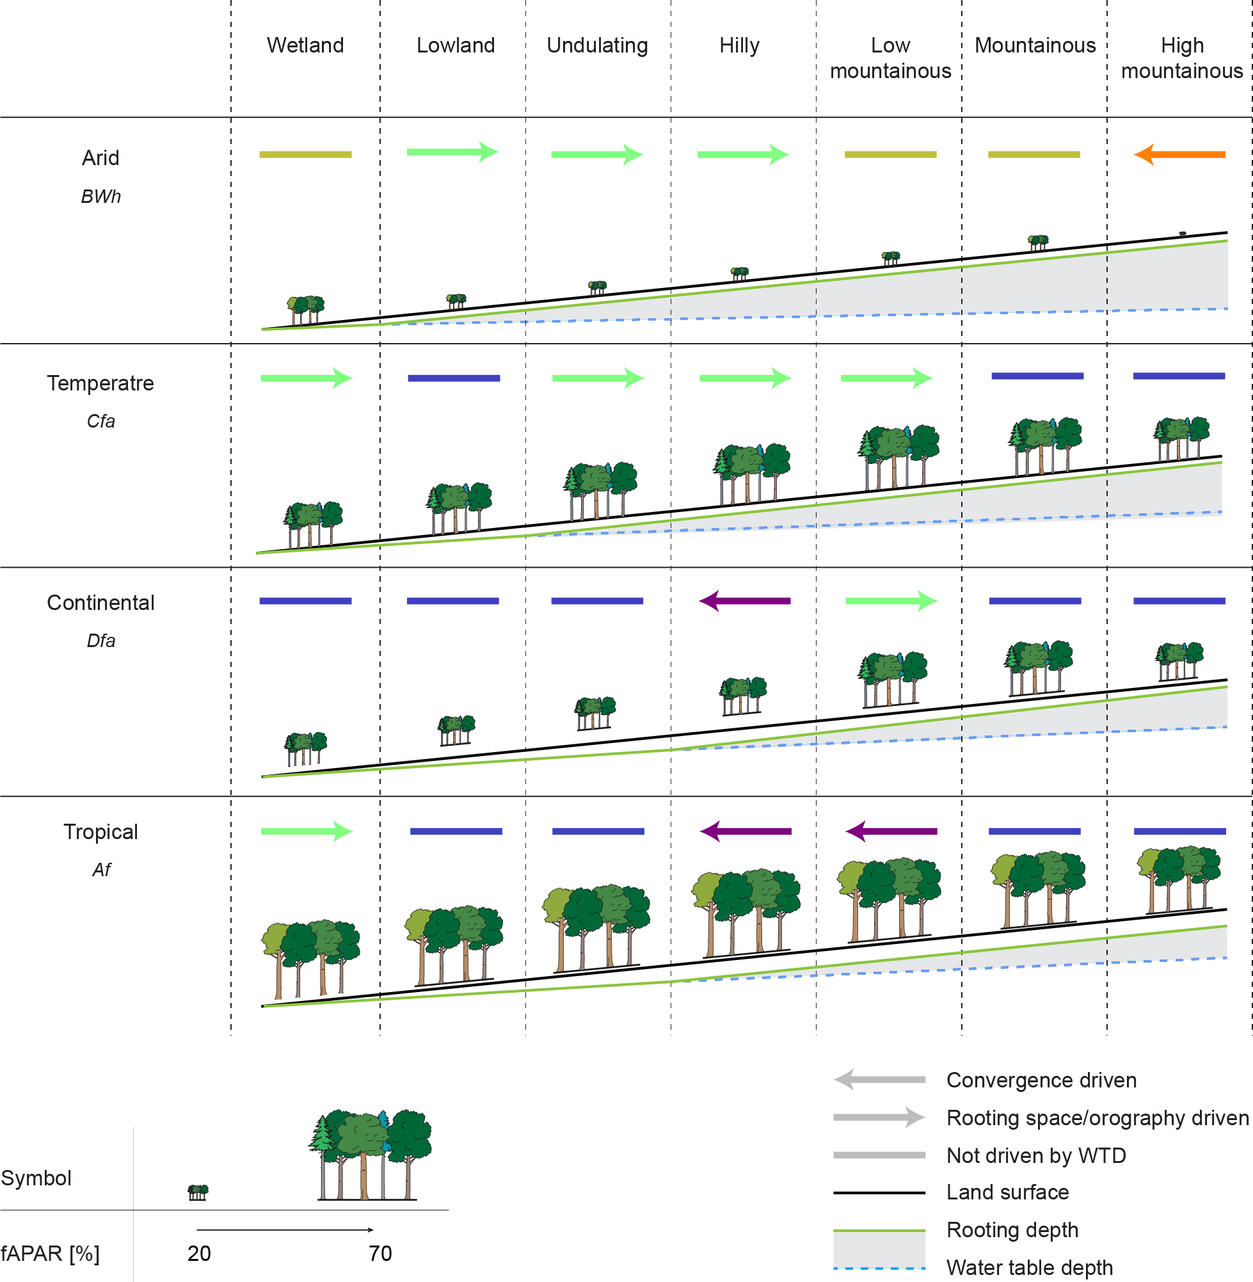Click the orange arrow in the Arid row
(1179, 155)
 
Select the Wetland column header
(305, 45)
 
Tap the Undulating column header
(597, 45)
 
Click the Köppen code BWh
(100, 196)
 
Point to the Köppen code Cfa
(100, 421)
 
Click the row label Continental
(100, 602)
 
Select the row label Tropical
(100, 832)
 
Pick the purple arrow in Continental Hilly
(744, 601)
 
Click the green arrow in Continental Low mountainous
(891, 601)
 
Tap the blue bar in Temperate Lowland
(454, 378)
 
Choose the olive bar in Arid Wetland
(305, 155)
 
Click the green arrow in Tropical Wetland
(307, 831)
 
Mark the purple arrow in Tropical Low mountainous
(891, 831)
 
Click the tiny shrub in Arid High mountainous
(1183, 234)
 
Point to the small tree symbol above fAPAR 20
(198, 1192)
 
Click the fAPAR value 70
(379, 1254)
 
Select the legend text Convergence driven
(1041, 1080)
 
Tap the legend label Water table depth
(1029, 1267)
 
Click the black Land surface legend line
(879, 1192)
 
